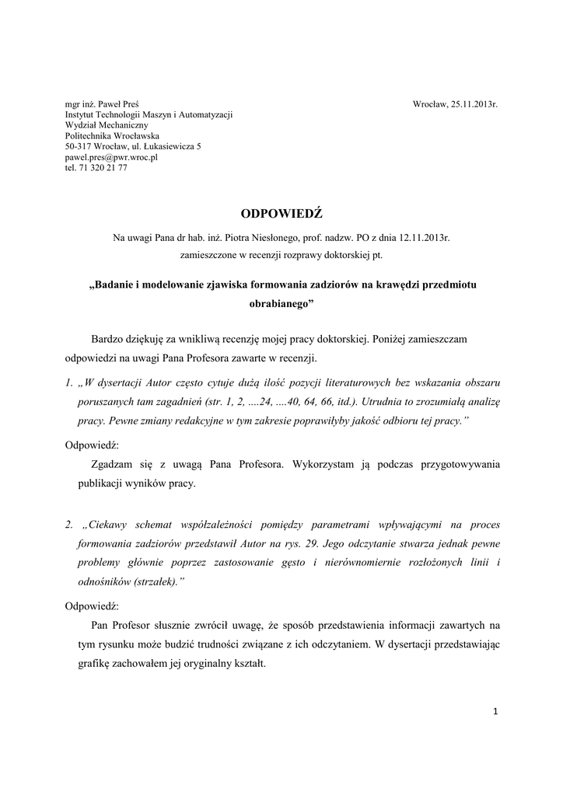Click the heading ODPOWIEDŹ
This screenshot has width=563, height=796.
pyautogui.click(x=281, y=213)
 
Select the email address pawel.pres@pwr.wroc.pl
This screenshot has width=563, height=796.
pyautogui.click(x=111, y=156)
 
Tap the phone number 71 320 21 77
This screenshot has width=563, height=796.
pyautogui.click(x=103, y=167)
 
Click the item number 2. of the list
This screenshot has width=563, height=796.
pyautogui.click(x=69, y=525)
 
